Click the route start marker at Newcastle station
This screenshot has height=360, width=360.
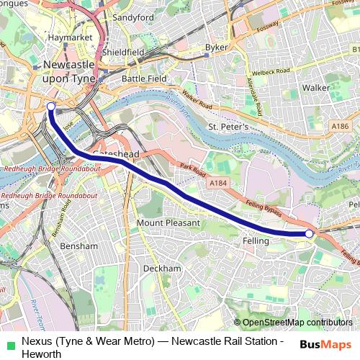pos(50,107)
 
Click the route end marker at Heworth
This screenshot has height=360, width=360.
pos(309,233)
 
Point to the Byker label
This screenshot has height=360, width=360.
pos(216,48)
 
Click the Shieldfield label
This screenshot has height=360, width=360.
pos(123,52)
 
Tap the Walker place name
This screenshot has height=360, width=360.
pos(316,87)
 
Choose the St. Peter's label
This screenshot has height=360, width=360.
pos(228,127)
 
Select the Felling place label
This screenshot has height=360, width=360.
pos(256,241)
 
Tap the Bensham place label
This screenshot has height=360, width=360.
pos(79,246)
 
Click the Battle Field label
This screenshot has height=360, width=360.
pos(144,78)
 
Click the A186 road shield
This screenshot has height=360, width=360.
pos(341,126)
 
